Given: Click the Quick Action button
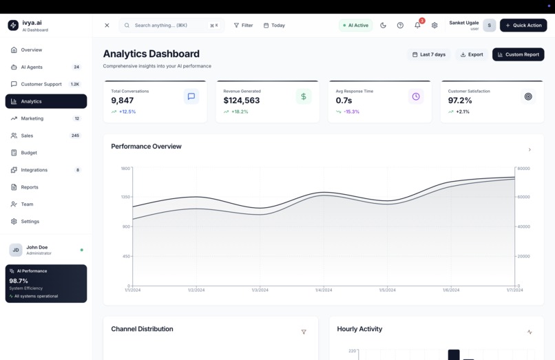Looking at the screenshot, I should [523, 25].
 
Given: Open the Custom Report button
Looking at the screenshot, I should [518, 54].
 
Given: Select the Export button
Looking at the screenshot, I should [472, 54].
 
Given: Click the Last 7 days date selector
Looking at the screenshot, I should [428, 54].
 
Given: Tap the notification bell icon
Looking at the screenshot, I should [417, 25].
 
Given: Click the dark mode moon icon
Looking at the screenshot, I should [384, 25].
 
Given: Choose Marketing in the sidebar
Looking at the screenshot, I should [32, 118].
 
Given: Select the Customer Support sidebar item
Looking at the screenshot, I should [41, 84].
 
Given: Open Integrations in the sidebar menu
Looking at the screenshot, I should [34, 170].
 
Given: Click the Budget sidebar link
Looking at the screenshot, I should [29, 153].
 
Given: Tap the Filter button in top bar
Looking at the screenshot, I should [243, 25].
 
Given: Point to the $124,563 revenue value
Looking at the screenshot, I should [242, 100].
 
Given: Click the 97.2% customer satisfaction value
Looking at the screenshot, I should [460, 100].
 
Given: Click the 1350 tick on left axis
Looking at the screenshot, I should [125, 197].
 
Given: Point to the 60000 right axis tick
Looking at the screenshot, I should [523, 197].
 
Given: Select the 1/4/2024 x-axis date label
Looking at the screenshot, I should [324, 290].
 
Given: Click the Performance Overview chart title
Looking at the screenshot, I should [146, 147].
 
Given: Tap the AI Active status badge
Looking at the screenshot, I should [355, 25].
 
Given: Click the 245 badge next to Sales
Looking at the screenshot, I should [75, 136].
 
